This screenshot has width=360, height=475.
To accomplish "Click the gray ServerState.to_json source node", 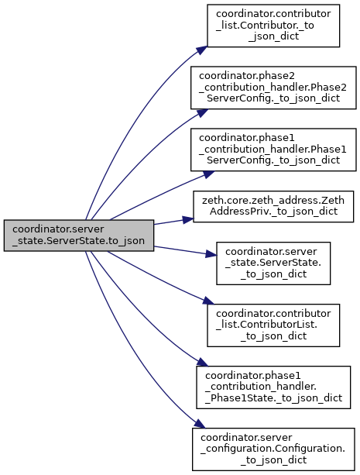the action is [79, 236].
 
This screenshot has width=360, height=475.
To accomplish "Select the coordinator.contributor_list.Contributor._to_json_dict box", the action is [273, 26].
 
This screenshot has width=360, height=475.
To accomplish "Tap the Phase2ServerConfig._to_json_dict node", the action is [273, 88].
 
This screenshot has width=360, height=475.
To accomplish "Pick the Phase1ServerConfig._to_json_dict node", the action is [273, 150].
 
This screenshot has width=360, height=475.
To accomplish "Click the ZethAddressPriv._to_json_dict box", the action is [273, 207].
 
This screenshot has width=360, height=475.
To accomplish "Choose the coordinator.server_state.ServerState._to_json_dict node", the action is [273, 263].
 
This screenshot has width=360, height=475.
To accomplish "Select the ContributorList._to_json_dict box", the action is [273, 325].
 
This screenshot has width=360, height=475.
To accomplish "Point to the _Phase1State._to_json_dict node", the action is [273, 387].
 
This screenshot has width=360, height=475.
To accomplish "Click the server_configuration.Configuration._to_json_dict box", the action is [273, 449].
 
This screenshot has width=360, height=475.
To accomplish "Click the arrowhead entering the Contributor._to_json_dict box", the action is [202, 50].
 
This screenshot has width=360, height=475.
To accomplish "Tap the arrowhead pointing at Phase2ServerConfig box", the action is [202, 112].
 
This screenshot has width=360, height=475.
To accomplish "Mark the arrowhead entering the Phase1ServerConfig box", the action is [208, 174].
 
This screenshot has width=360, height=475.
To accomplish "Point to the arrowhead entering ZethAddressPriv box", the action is [187, 219].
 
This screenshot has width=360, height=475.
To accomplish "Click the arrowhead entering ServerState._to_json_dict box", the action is [211, 254].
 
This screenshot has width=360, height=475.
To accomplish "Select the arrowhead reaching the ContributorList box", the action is [208, 301].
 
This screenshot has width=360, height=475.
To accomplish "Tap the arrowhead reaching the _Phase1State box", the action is [202, 363].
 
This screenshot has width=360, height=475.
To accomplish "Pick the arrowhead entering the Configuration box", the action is [200, 424].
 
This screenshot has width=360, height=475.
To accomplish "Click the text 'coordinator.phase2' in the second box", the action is [247, 76].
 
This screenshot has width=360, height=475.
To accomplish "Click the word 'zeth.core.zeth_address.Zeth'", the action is [273, 201].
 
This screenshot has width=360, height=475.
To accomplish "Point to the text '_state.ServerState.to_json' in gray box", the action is [78, 241].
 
